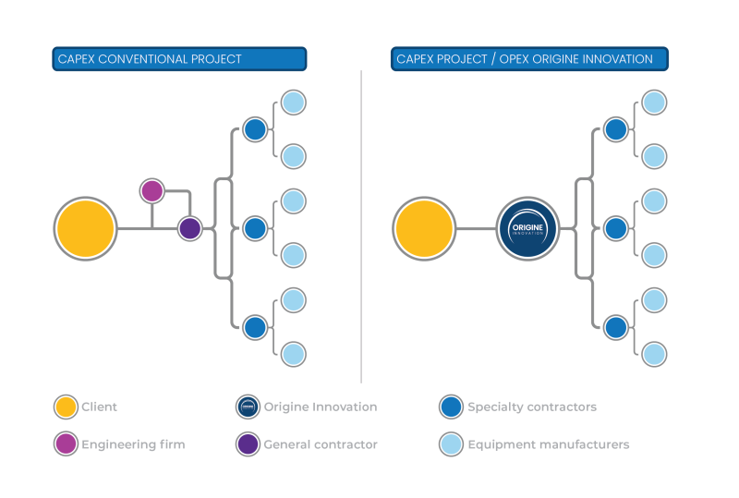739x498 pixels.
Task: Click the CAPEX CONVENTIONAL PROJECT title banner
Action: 178,59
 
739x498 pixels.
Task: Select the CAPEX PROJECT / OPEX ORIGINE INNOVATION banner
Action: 528,59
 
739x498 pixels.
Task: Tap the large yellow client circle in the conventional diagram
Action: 85,228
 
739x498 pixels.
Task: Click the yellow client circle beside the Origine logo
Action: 423,228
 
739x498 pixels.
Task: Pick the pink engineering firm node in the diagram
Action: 151,191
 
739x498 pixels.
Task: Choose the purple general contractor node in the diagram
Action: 189,228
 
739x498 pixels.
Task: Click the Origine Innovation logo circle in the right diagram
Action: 528,228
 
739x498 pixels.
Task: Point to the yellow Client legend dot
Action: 65,407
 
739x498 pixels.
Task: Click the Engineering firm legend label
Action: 133,444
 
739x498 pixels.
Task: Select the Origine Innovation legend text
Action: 320,407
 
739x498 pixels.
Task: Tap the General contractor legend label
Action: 320,444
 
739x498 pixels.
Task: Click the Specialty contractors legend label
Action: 531,407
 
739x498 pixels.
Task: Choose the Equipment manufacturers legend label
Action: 548,444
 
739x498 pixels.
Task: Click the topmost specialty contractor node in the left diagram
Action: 255,129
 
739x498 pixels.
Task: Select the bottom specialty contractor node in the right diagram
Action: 616,327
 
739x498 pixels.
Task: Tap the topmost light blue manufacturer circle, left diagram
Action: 293,103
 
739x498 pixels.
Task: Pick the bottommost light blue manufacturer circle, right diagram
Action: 654,354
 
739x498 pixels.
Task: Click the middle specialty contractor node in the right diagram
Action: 616,228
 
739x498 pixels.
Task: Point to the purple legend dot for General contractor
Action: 248,444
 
